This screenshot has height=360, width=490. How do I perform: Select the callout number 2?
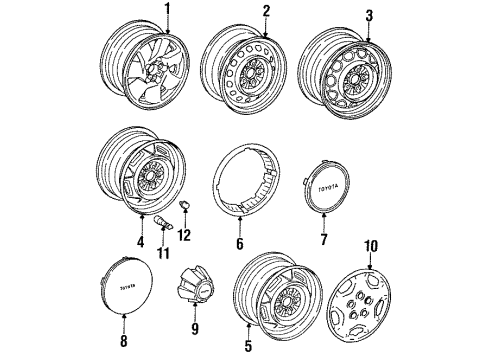(x=266, y=11)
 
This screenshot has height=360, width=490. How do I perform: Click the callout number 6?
(x=238, y=240)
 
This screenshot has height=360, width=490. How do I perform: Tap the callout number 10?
(x=371, y=244)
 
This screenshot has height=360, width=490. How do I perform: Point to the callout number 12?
(x=182, y=234)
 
